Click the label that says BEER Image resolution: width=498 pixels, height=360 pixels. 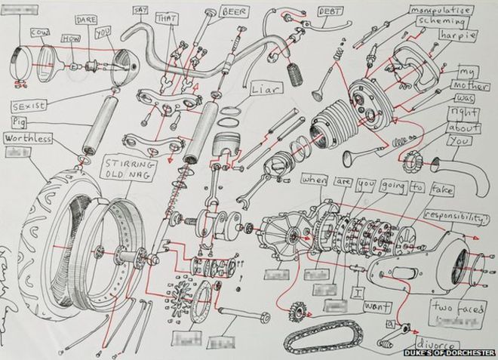[235, 12]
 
